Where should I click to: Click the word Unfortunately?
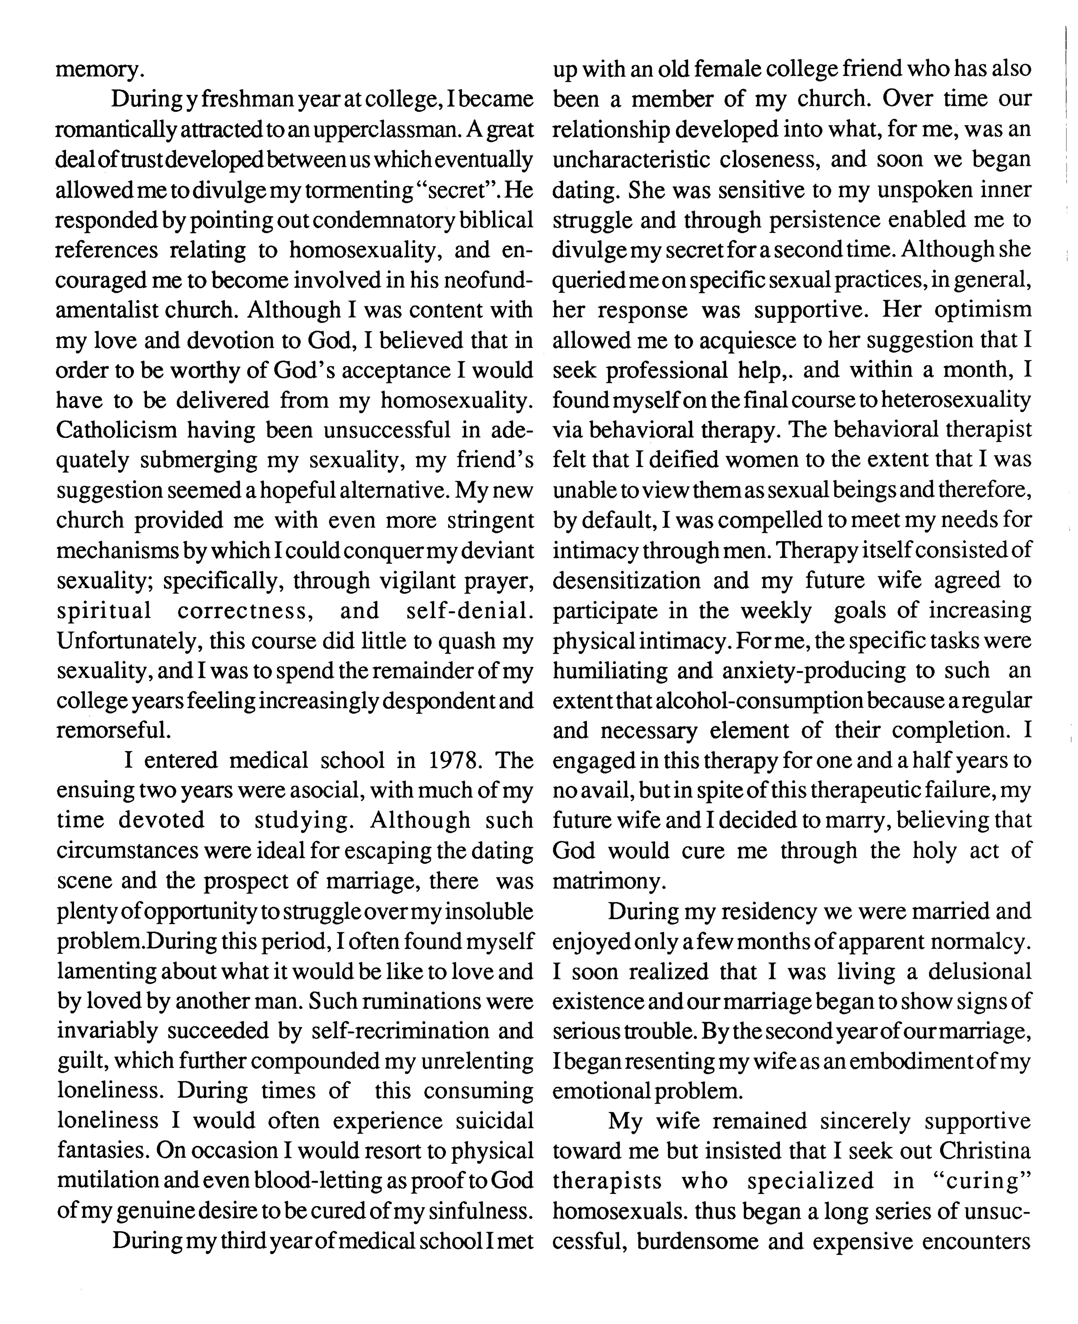pyautogui.click(x=127, y=640)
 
